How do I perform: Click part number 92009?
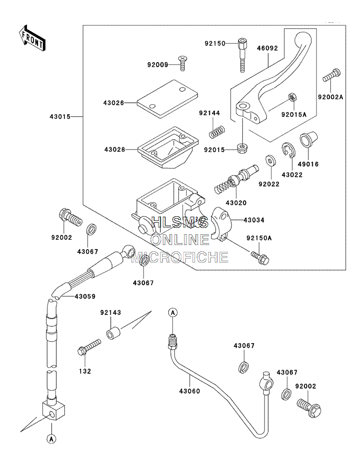158,64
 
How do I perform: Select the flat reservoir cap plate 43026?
167,99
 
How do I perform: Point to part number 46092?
268,48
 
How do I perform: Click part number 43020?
236,203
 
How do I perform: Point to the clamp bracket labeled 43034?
221,224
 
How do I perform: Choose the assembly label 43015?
60,117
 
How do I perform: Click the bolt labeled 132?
89,347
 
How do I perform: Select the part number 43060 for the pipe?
189,391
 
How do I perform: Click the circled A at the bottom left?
51,439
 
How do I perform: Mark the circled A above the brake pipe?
173,312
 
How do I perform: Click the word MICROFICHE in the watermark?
180,257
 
